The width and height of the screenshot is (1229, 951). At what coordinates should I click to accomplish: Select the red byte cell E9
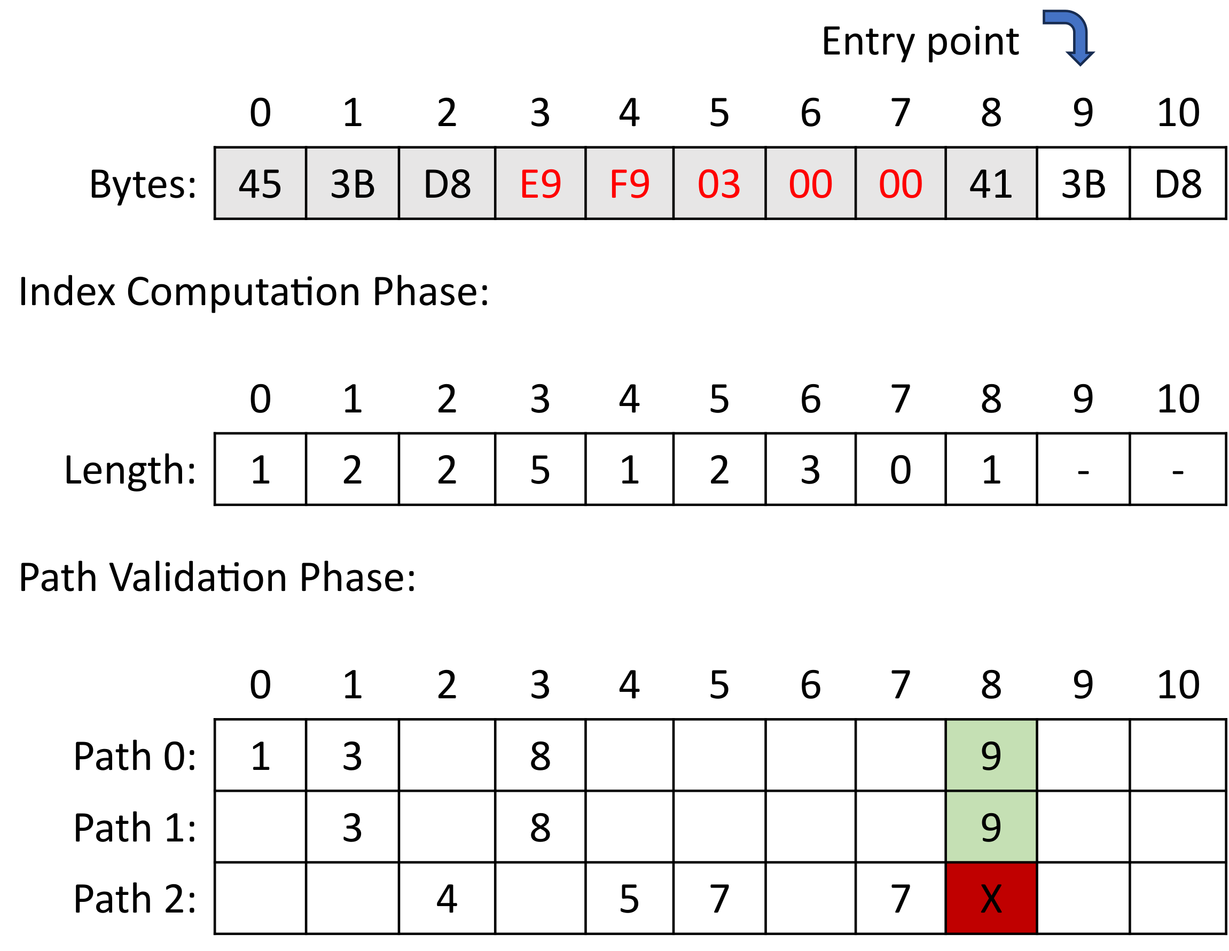540,184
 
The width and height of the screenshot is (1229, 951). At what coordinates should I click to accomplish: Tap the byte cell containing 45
260,184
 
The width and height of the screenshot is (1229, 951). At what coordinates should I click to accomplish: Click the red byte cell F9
629,184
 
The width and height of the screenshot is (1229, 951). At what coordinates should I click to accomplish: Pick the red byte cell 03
719,184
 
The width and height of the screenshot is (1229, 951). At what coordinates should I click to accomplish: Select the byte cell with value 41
991,184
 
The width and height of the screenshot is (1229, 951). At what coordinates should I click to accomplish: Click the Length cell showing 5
540,470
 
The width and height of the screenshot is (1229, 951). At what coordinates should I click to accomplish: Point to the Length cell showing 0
901,470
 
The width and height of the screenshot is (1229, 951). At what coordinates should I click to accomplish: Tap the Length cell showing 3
810,470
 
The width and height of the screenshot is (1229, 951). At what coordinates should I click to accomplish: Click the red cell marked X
991,899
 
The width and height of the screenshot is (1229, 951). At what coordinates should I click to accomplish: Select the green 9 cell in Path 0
991,755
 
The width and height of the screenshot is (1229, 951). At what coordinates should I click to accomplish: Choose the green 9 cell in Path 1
991,827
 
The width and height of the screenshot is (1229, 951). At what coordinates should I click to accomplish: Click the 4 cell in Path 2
447,899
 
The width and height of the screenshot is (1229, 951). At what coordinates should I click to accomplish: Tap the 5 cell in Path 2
629,899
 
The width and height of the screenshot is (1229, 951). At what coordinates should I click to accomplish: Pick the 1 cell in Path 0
260,755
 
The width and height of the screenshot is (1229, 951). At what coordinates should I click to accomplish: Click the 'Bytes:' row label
143,184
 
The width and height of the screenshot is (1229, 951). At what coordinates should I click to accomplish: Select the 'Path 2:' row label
135,899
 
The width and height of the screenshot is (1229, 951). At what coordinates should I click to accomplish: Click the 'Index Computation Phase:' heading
254,292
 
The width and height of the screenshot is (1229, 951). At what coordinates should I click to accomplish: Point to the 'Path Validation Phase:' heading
217,578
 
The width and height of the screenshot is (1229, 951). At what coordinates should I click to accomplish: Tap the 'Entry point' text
920,42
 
